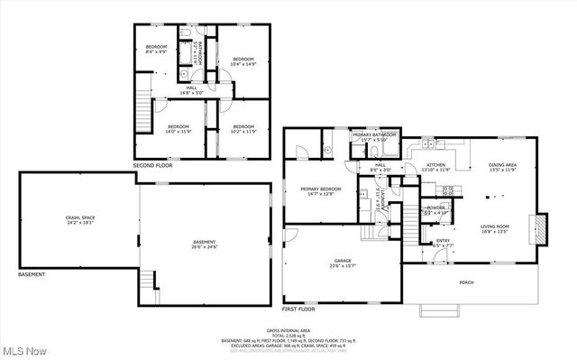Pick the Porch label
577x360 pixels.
tap(466, 283)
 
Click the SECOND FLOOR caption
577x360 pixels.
tap(153, 166)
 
